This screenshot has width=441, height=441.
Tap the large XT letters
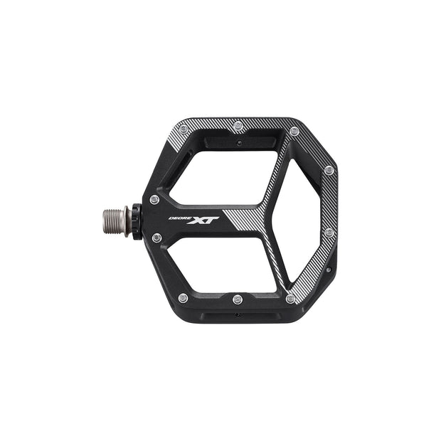tap(202, 220)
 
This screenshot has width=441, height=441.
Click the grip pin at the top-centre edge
tap(238, 127)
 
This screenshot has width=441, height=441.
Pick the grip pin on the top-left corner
tap(184, 129)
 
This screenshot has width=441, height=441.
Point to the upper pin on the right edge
tap(328, 171)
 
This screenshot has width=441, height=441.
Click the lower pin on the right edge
tap(328, 233)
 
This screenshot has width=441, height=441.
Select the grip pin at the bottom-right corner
tap(289, 299)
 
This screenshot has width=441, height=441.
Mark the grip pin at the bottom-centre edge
tap(237, 299)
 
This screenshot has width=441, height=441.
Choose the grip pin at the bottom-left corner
tap(183, 297)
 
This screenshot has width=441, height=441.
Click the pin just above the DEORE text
tap(154, 199)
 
